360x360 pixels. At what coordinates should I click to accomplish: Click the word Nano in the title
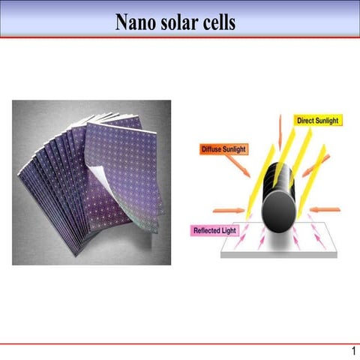[134, 22]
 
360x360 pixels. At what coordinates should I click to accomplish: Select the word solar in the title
[176, 22]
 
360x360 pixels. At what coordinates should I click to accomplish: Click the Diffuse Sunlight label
[225, 149]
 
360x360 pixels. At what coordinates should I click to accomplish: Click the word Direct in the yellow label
[306, 121]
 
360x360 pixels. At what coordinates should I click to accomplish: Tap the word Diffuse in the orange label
[213, 149]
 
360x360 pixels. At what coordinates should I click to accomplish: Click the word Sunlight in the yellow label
[327, 121]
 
